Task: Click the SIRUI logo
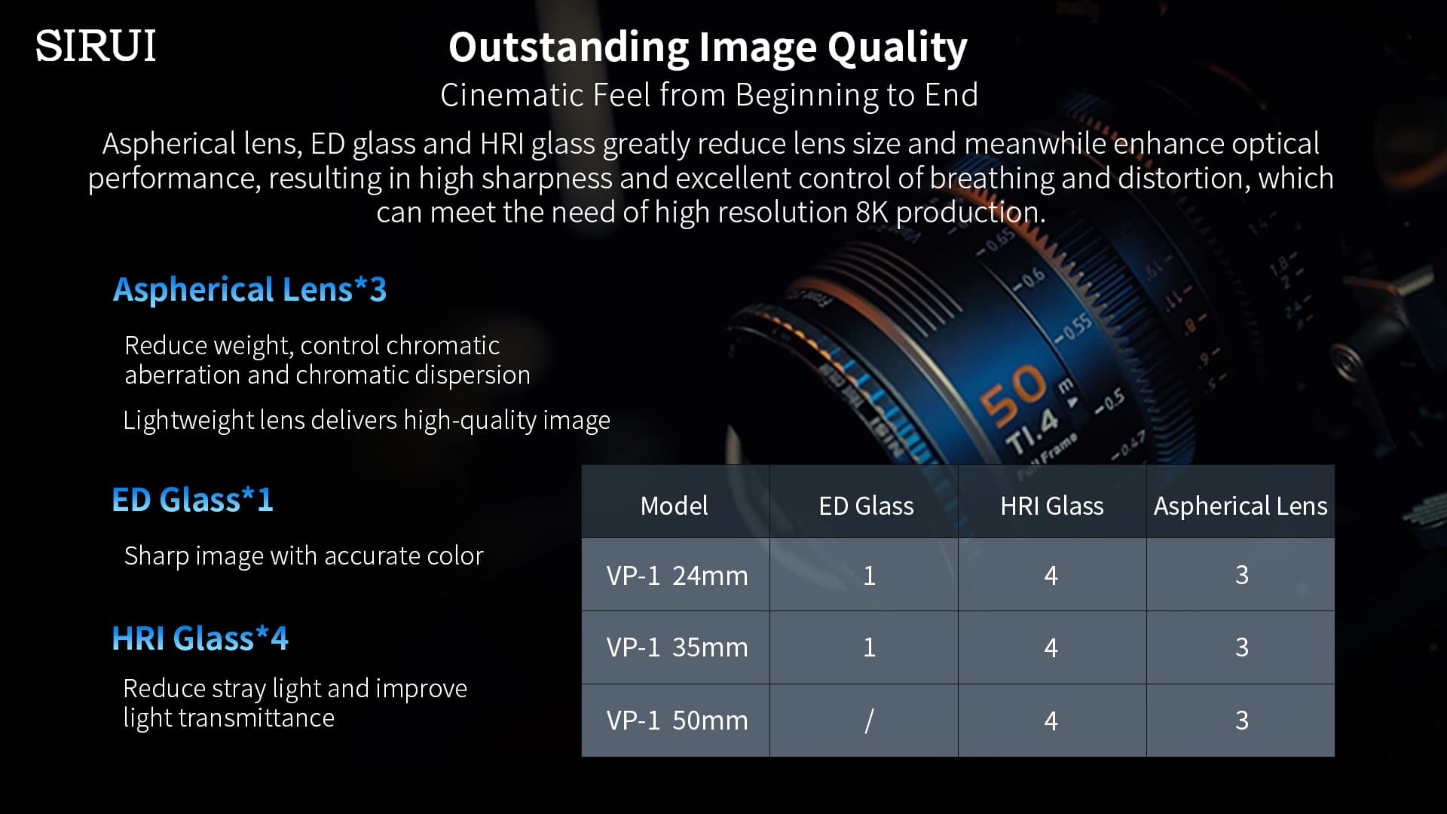click(x=96, y=46)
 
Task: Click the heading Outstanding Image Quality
click(x=708, y=47)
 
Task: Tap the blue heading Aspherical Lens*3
click(x=249, y=289)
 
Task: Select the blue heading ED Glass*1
click(x=192, y=500)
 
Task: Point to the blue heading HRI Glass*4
click(x=200, y=638)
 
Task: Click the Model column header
click(x=674, y=506)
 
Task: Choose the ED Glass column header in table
click(x=866, y=506)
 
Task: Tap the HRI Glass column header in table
click(x=1051, y=506)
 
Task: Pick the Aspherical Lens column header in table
click(x=1241, y=506)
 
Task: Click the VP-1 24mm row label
click(x=677, y=576)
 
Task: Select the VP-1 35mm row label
click(x=677, y=647)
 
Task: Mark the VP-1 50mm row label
click(x=677, y=721)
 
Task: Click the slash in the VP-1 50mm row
click(x=869, y=721)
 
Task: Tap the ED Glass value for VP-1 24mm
click(x=869, y=576)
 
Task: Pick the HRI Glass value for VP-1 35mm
click(x=1051, y=647)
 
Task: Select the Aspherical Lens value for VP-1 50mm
click(x=1242, y=721)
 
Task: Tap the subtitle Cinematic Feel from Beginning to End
click(x=709, y=96)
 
